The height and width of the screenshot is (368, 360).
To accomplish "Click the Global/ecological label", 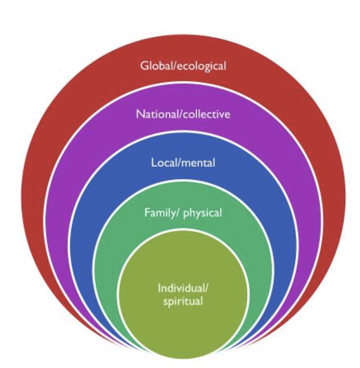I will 183,66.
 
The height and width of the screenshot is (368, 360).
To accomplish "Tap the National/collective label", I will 183,114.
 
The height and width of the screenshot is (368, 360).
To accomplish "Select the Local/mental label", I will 183,163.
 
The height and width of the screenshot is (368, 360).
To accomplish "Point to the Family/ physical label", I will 183,213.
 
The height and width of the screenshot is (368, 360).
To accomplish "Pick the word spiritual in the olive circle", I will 183,301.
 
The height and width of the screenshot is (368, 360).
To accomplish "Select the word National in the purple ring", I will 152,114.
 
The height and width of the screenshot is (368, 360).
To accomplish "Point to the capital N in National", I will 139,114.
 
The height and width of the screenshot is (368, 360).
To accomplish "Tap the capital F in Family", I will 147,213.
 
